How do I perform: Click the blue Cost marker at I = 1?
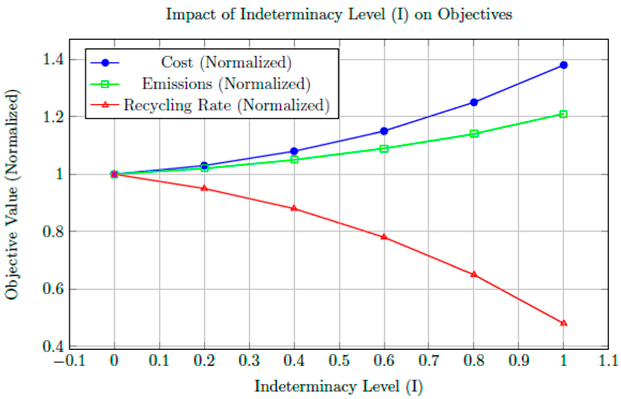563,65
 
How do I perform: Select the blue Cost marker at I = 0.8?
474,102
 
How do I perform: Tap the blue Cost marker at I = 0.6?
384,131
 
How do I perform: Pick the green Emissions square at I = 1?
563,114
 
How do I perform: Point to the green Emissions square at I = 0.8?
474,134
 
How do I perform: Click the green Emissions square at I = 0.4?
294,159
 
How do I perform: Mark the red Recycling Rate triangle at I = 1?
563,323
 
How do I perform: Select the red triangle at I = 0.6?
384,237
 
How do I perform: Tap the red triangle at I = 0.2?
204,188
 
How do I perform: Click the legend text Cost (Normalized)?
226,62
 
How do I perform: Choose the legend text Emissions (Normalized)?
226,84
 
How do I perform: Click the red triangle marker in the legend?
105,105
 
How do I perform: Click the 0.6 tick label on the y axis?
53,289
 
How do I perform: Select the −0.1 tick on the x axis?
69,361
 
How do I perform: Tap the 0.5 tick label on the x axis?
339,361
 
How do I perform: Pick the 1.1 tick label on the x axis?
608,361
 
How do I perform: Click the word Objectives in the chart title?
475,14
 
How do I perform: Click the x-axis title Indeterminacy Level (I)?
339,387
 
